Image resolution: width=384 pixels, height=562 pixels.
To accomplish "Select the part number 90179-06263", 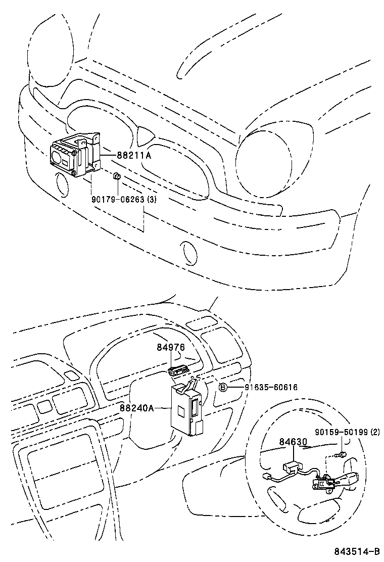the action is [x=118, y=199].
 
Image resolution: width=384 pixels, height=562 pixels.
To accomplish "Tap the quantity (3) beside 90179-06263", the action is [x=152, y=199].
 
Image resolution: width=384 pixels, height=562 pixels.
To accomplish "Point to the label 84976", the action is [x=171, y=347].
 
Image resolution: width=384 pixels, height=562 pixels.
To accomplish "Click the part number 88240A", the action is [x=137, y=408].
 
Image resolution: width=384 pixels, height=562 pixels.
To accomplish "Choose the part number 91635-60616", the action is [x=271, y=387].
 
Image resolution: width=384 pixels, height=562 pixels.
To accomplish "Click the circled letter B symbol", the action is [x=223, y=387].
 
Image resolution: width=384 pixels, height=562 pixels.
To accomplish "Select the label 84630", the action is [x=293, y=442].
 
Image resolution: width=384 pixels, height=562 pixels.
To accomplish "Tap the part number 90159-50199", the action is [x=342, y=432].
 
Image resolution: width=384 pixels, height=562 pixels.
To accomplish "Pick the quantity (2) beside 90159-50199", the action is [x=375, y=432].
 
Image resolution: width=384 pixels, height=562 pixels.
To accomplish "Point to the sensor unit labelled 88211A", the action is [x=75, y=155].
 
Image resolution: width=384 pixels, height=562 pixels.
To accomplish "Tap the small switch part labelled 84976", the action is [x=178, y=370].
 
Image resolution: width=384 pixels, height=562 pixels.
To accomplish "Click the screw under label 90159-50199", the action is [x=342, y=454].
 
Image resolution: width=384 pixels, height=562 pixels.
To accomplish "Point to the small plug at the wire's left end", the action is [x=266, y=477].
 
